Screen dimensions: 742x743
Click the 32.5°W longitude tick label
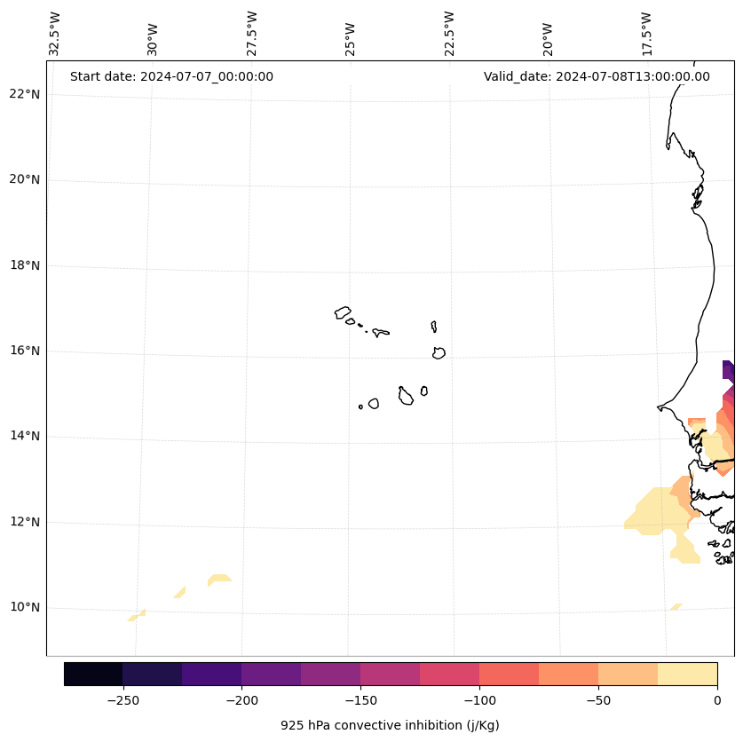coord(55,34)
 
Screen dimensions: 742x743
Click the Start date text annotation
coord(171,76)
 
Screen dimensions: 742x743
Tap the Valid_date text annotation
coord(597,76)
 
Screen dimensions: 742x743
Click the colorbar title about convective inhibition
coord(390,725)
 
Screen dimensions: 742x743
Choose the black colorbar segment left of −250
coord(93,674)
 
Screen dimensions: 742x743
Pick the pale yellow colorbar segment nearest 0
coord(687,674)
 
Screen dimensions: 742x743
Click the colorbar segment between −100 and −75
coord(509,674)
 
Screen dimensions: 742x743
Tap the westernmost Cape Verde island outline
coord(343,312)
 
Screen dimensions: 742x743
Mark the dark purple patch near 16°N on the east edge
coord(728,370)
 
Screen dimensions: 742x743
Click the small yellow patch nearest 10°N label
coord(137,614)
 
